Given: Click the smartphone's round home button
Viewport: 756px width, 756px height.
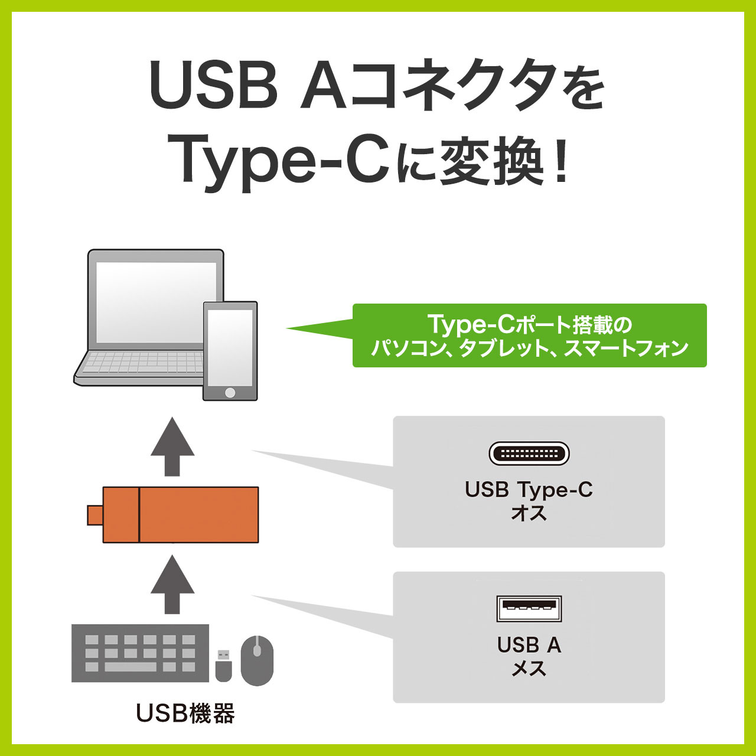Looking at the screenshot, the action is [x=230, y=392].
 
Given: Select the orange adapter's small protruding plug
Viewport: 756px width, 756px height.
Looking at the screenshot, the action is [x=95, y=515].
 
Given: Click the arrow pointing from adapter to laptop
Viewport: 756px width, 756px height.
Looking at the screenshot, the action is [x=172, y=447].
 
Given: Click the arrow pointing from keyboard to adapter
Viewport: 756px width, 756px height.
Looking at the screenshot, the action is [x=172, y=585].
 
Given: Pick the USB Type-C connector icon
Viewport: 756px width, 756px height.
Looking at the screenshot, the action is [x=529, y=454].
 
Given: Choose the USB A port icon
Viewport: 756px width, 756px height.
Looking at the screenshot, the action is [x=529, y=608].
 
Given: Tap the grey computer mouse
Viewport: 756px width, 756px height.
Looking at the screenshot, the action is [x=257, y=661].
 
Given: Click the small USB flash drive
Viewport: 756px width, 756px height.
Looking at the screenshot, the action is [x=224, y=666].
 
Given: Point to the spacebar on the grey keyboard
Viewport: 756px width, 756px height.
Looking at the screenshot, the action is [x=131, y=667].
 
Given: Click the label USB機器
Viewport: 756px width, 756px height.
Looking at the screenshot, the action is [x=185, y=713].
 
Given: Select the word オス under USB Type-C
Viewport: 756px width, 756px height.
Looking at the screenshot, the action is [x=529, y=513].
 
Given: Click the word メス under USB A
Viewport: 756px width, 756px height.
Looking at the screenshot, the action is [x=529, y=668].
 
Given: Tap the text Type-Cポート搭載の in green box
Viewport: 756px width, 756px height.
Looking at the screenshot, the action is [x=530, y=324].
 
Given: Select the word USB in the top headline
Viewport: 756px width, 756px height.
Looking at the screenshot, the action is [x=211, y=84].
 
